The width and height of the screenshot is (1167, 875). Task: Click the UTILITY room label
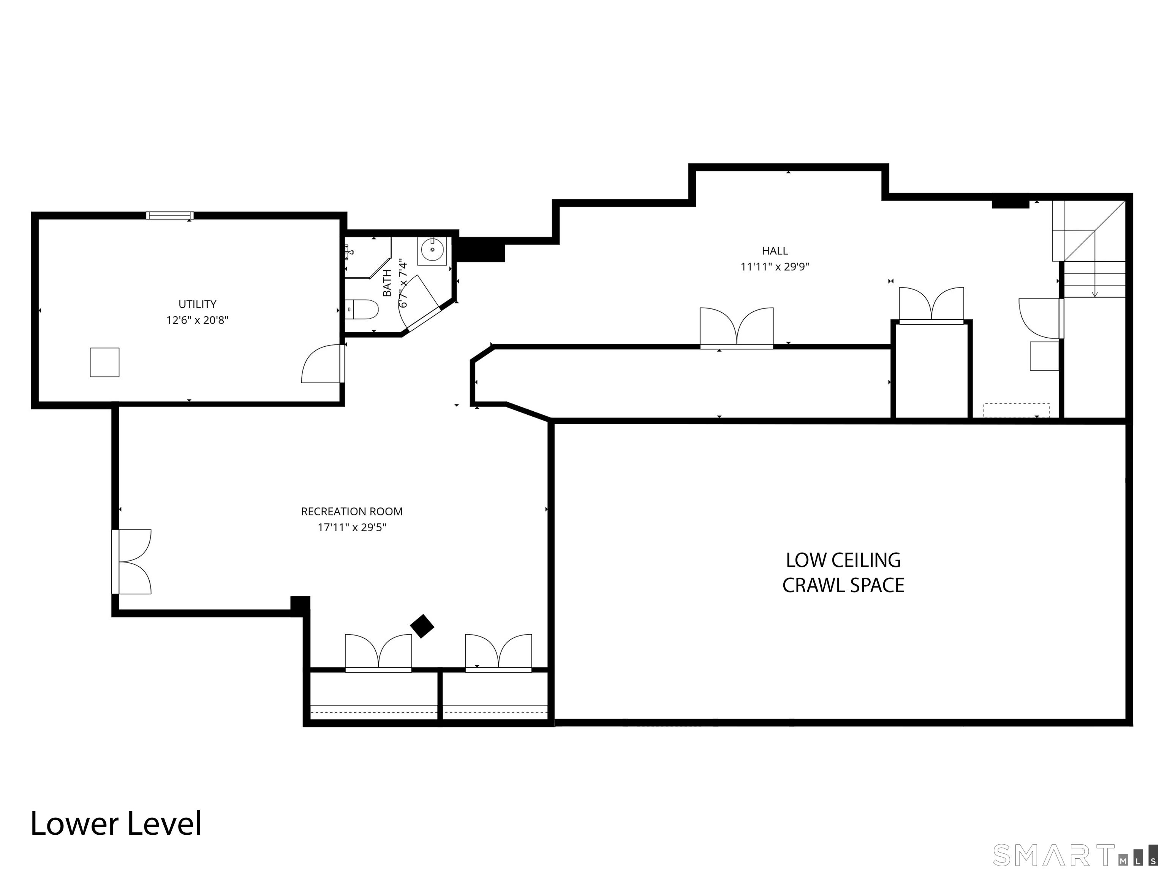[197, 304]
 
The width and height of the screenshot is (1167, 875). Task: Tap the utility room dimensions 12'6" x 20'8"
[197, 320]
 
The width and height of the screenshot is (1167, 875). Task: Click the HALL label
[775, 251]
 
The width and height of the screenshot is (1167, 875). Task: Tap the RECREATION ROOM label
[352, 512]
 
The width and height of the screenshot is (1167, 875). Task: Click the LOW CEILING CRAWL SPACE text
[843, 572]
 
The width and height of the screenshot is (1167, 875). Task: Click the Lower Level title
[116, 823]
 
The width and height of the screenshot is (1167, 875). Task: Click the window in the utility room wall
[170, 215]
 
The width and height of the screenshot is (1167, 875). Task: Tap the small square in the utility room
[104, 362]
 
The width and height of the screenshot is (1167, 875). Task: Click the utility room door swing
[321, 365]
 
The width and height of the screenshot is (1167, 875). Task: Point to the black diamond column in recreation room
[422, 626]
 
